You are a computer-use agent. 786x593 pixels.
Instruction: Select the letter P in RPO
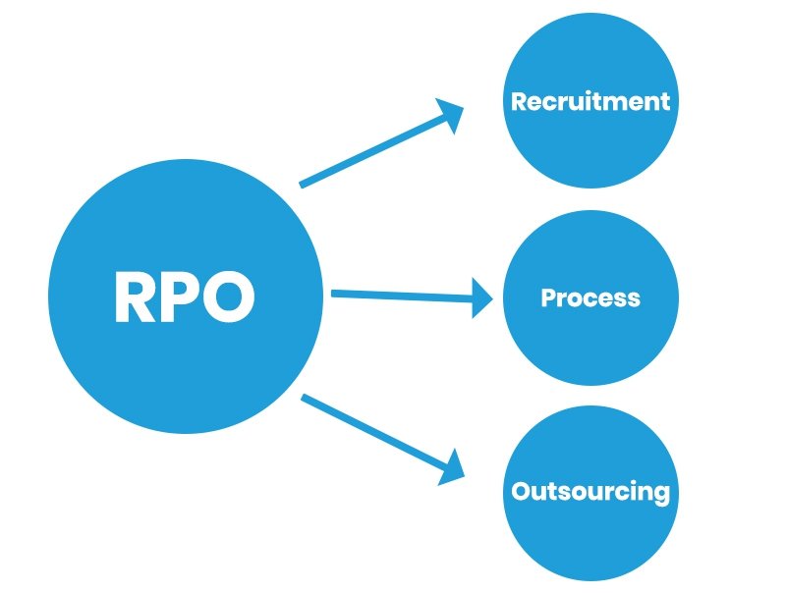coord(183,296)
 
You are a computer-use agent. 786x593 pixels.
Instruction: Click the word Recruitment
coord(590,101)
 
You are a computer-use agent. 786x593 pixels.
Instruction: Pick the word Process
coord(590,297)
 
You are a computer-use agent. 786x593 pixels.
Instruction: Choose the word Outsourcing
coord(590,491)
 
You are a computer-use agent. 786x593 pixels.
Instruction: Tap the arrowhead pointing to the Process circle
coord(482,296)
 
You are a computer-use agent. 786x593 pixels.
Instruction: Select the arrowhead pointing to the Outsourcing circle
coord(452,465)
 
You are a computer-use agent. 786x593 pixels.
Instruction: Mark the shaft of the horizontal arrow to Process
coord(403,294)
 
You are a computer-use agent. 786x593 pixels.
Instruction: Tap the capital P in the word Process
coord(548,297)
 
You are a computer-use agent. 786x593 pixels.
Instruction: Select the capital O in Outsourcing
coord(521,491)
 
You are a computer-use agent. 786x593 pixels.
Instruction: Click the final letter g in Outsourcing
coord(662,494)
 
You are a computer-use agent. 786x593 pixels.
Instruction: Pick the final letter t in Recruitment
coord(665,101)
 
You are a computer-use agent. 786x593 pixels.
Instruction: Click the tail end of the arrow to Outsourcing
coord(304,398)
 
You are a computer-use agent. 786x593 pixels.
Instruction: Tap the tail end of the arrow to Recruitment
coord(303,183)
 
